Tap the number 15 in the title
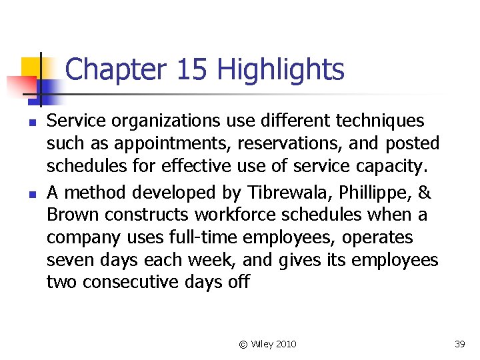coord(193,69)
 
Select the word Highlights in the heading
coord(281,69)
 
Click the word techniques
coord(381,121)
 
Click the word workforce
coord(225,215)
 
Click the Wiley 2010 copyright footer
coord(268,344)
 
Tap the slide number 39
coord(459,344)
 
